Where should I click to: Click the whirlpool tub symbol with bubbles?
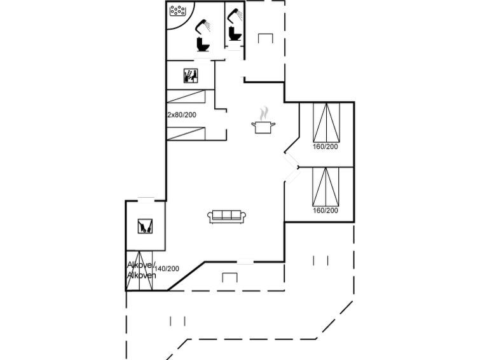click(x=178, y=10)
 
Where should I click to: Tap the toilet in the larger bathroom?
click(x=203, y=45)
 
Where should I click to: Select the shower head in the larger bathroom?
click(x=203, y=27)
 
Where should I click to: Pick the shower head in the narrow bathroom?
click(x=235, y=15)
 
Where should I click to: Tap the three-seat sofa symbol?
click(x=227, y=217)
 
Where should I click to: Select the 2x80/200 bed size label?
click(x=182, y=115)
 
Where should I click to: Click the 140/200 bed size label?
click(x=167, y=268)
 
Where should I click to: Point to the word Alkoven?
click(x=141, y=275)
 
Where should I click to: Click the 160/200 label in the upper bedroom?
click(x=326, y=146)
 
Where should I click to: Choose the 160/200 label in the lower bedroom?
click(x=326, y=210)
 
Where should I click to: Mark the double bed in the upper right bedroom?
click(x=326, y=122)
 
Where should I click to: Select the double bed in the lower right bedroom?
click(x=326, y=186)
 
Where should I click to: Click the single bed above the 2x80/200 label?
click(x=186, y=96)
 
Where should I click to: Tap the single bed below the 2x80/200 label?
click(x=186, y=134)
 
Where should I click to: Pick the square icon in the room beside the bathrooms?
click(x=190, y=76)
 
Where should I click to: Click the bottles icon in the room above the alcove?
click(x=145, y=226)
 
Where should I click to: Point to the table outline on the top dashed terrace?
click(x=265, y=38)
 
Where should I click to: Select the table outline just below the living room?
click(x=230, y=277)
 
